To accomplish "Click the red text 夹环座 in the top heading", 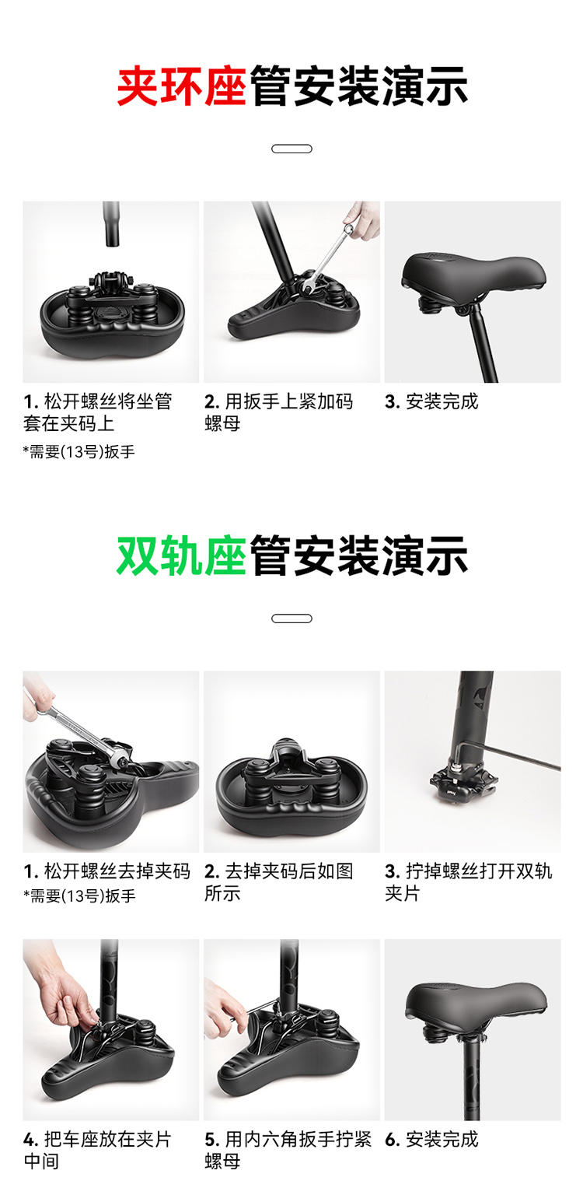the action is tap(182, 86).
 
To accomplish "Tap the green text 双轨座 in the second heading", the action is tap(182, 556).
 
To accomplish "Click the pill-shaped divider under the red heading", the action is tap(291, 149).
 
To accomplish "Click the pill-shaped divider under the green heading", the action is tap(291, 619).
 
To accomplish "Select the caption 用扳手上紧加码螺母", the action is tap(278, 412).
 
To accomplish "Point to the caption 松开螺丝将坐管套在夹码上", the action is tap(98, 412).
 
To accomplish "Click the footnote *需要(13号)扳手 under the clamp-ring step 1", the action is tap(79, 452).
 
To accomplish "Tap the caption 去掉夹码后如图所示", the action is tap(278, 881).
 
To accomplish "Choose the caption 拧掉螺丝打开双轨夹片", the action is tap(468, 881).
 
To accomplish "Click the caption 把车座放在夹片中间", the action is tap(97, 1150).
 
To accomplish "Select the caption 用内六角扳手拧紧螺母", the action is tap(288, 1150).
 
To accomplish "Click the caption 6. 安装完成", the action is tap(431, 1139).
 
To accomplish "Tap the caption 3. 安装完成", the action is tap(431, 401).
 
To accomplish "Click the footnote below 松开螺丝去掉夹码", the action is tap(79, 895).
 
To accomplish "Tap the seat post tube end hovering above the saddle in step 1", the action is tap(111, 224).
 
